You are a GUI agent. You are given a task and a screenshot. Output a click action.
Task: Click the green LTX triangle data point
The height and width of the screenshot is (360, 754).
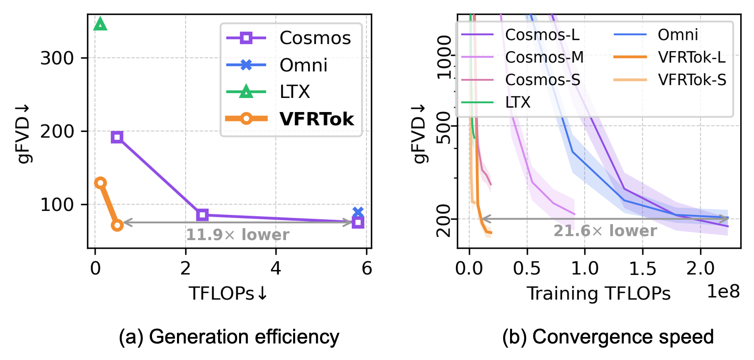click(100, 25)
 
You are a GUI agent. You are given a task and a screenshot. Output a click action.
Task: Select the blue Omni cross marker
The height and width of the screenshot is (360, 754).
click(358, 212)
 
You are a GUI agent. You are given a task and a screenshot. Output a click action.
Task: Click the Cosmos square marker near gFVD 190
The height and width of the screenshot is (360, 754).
click(117, 137)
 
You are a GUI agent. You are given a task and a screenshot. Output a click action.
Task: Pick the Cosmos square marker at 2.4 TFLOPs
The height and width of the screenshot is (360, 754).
click(202, 215)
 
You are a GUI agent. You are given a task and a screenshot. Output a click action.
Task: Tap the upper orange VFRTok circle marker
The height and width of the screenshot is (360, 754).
click(100, 183)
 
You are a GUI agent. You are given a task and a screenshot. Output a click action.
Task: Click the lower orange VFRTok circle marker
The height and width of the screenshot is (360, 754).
click(117, 225)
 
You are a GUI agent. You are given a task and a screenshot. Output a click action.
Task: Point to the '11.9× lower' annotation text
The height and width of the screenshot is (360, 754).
click(237, 235)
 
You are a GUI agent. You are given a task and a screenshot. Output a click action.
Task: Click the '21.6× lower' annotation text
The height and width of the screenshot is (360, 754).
click(605, 231)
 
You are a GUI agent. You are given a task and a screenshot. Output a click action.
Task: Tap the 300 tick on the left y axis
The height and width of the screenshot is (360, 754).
click(57, 58)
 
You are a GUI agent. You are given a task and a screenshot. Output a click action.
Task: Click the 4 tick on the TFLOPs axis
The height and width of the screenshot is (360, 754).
click(276, 268)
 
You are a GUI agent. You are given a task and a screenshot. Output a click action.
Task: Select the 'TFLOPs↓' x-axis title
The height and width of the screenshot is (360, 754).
click(228, 293)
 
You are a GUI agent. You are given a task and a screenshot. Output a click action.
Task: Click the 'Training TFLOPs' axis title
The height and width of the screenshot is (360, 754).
click(598, 293)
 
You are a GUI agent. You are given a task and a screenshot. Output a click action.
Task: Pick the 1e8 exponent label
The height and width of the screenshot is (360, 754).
click(723, 291)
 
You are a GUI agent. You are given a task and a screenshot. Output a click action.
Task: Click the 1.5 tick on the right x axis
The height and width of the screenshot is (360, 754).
click(643, 268)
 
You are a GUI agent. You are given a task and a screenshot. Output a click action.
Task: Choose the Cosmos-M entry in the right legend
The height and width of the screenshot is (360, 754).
click(544, 57)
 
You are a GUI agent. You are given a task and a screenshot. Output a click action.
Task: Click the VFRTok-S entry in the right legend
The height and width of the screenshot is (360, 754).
click(692, 80)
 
